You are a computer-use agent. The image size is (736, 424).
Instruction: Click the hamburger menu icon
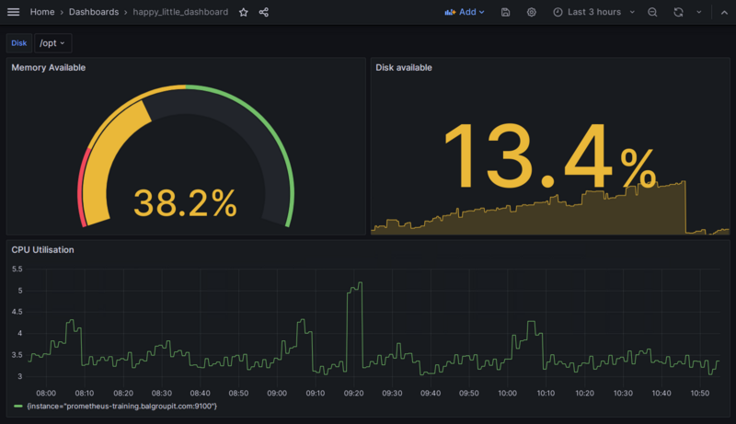(x=13, y=12)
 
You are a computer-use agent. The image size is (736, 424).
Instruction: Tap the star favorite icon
(x=244, y=12)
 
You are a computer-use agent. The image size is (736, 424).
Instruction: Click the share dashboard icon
(x=264, y=12)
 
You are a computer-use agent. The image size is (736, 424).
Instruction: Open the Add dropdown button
(x=464, y=12)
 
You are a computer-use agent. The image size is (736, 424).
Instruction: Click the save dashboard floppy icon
(x=506, y=12)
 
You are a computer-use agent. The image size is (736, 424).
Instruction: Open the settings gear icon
(x=532, y=12)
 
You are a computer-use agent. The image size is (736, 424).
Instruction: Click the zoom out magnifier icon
(x=652, y=12)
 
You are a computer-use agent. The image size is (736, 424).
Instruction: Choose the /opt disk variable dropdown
(x=52, y=43)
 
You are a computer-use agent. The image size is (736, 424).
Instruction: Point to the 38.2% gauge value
(x=185, y=202)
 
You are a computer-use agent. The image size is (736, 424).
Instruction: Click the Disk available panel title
(x=404, y=67)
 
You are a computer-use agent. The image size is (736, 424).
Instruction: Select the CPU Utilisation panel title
(x=43, y=249)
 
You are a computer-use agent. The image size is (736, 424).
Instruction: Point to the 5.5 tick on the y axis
(x=17, y=269)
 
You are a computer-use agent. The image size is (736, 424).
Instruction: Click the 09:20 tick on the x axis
(x=353, y=393)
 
